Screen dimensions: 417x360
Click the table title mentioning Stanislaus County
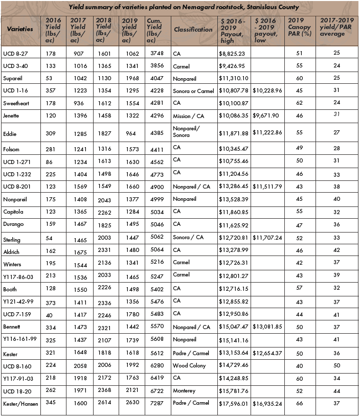[x=184, y=7]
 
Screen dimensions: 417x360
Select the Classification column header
[x=193, y=29]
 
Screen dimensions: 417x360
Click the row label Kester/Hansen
[x=18, y=404]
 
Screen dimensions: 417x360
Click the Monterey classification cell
[x=184, y=391]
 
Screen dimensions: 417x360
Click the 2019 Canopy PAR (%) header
[x=299, y=30]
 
